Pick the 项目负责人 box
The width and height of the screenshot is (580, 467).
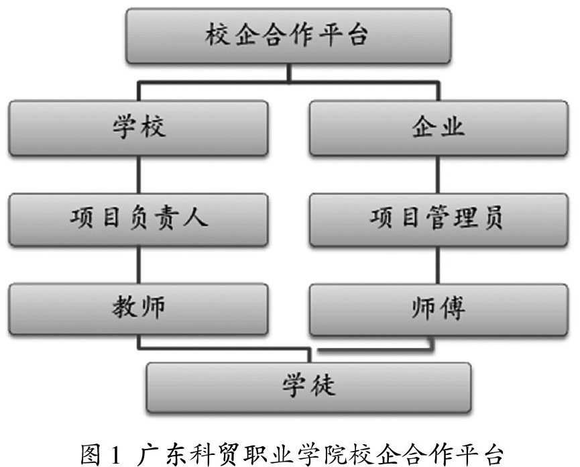coord(138,219)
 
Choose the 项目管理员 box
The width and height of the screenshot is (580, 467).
coord(438,219)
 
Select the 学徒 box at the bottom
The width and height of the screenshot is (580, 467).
coord(308,387)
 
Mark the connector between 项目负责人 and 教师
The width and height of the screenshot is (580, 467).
coord(138,265)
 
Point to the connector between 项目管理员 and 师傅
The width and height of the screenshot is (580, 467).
coord(438,265)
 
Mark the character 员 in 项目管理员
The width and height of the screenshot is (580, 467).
coord(492,219)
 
